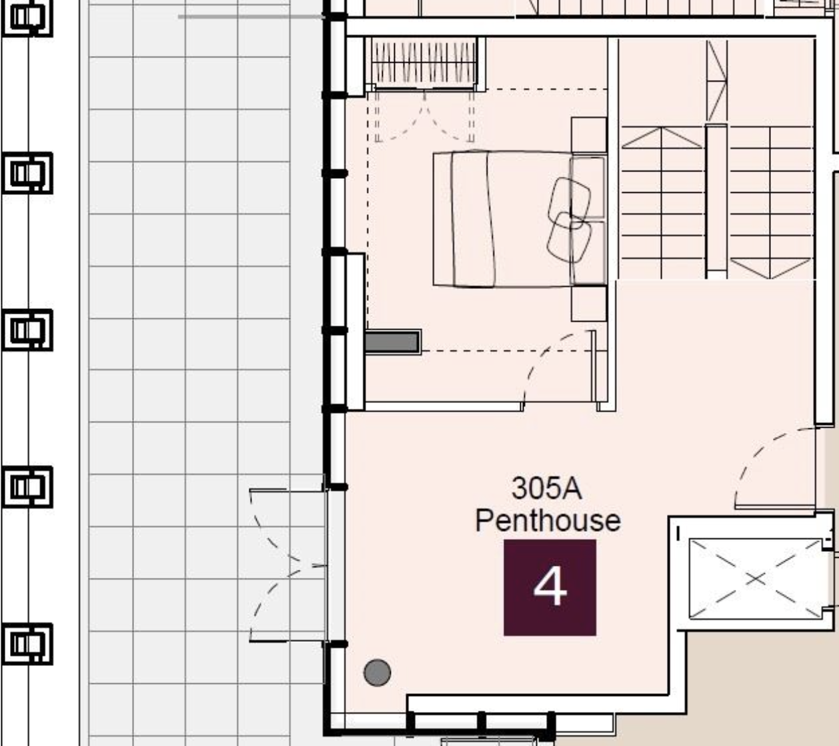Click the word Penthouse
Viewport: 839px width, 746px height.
coord(548,520)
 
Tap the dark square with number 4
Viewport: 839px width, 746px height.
coord(550,587)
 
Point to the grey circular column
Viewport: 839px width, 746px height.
coord(377,672)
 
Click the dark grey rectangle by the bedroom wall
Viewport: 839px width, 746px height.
coord(392,342)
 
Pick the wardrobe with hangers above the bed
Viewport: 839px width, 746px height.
coord(424,62)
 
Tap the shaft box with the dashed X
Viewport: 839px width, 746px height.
coord(755,579)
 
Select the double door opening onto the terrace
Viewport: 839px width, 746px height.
coord(287,565)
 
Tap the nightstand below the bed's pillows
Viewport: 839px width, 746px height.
coord(589,304)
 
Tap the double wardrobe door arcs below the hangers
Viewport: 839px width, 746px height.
coord(424,117)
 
